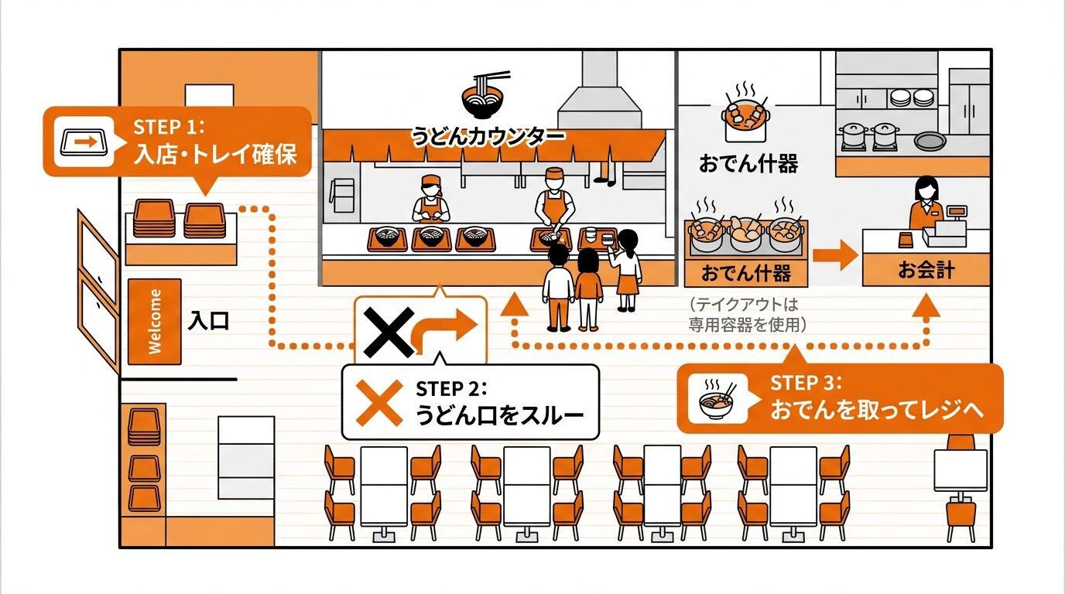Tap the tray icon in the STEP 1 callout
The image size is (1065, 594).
tap(81, 142)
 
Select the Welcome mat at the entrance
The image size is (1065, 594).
tap(155, 321)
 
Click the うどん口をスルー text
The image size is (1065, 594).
tap(499, 416)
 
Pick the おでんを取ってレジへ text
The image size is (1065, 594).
tap(876, 410)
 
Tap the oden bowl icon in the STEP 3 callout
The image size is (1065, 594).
tap(717, 398)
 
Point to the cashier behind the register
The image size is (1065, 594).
tap(926, 203)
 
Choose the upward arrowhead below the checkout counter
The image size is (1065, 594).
tap(926, 307)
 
